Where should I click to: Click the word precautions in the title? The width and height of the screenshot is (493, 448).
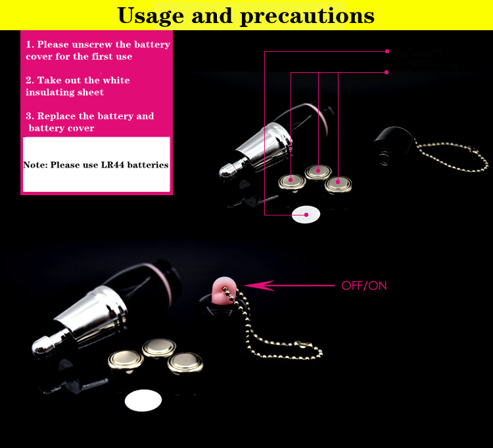307,16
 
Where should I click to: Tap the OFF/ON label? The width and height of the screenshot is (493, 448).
364,286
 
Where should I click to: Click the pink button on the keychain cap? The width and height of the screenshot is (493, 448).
223,288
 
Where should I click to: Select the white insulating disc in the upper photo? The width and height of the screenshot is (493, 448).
306,214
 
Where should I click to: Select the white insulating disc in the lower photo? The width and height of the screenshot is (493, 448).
143,400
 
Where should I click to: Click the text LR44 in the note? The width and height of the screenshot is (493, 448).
122,165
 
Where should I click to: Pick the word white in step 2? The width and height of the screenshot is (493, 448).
116,80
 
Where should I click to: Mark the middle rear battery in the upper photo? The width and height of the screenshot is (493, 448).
317,171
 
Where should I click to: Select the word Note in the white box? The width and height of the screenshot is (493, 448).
34,166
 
